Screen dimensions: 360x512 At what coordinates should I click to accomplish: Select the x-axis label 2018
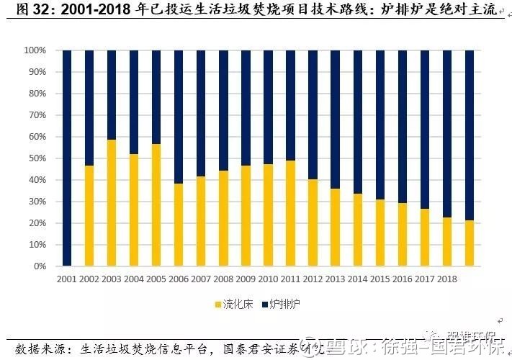point(446,278)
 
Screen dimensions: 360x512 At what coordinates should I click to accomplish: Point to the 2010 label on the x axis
point(267,278)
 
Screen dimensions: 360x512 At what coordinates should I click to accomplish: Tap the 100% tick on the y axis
point(35,50)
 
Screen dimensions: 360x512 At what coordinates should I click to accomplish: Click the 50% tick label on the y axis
point(37,158)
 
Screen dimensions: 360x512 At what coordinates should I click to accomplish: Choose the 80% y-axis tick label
point(37,94)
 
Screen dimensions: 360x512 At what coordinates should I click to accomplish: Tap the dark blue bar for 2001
point(67,158)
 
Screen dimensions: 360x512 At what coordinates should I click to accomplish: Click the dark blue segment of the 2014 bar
point(358,122)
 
